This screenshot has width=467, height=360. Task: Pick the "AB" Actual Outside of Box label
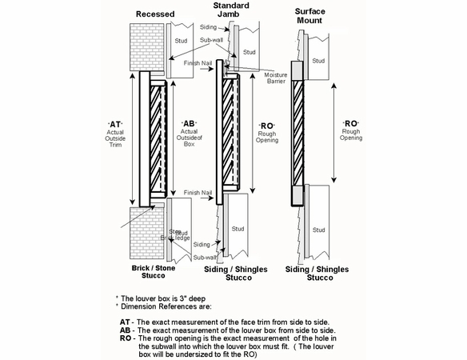coord(189,137)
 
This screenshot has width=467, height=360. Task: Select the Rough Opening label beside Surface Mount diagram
coord(350,130)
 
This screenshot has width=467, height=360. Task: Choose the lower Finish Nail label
coord(196,193)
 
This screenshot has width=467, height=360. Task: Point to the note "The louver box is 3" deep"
coord(161,298)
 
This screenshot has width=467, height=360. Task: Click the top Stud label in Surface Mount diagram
coord(318,61)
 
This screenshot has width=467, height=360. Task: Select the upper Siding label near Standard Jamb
coord(208,27)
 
